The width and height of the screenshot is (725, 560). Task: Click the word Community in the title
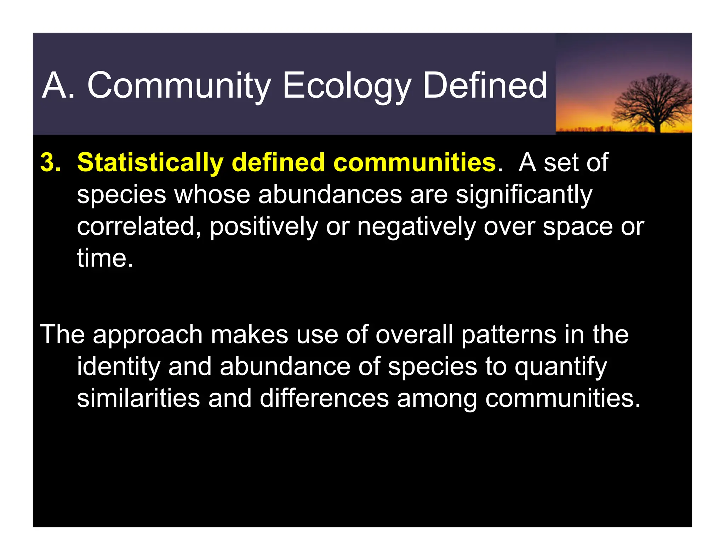point(179,86)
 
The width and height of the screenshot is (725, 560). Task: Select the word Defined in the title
point(485,86)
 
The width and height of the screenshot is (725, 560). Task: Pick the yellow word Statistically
point(150,163)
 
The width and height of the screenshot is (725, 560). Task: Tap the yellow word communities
point(415,163)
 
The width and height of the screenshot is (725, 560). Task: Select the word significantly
point(524,195)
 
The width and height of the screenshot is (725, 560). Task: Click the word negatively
point(416,227)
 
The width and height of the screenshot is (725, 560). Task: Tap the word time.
point(104,258)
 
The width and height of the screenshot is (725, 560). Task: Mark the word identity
point(119,367)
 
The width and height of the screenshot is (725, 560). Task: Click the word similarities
point(138,398)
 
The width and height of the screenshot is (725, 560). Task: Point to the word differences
point(324,398)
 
